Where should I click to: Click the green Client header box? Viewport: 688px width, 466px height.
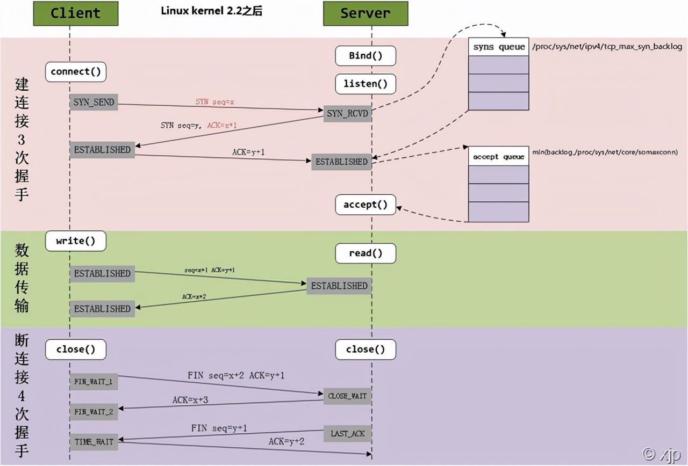coord(76,13)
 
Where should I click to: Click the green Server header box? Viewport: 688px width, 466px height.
coord(365,13)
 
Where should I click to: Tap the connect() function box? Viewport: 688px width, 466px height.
coord(76,71)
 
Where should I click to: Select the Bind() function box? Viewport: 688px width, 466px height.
coord(365,56)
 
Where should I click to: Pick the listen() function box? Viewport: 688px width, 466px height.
coord(365,84)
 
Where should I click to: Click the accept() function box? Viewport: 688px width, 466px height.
coord(365,205)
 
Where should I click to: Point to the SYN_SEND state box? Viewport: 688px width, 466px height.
coord(94,102)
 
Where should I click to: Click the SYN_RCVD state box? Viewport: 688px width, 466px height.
coord(347,114)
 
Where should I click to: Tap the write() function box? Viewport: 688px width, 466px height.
coord(76,241)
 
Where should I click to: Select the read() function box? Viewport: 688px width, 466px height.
coord(365,253)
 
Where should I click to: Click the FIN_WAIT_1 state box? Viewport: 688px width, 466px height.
coord(94,382)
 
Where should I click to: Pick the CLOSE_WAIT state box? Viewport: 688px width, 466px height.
coord(347,396)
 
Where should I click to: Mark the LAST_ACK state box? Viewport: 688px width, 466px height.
coord(347,433)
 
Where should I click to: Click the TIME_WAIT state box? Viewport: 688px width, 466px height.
coord(94,441)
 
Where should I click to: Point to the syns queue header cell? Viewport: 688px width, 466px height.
coord(499,47)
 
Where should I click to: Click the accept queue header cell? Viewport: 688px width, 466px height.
coord(499,156)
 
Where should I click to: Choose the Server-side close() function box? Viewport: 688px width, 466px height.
coord(365,349)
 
